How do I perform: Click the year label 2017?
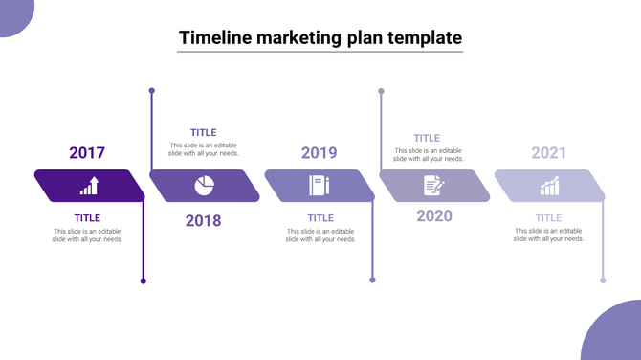(x=87, y=152)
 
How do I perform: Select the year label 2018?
(x=203, y=220)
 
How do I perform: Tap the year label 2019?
(x=319, y=152)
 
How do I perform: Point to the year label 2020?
(x=434, y=215)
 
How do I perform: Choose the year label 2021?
(x=549, y=152)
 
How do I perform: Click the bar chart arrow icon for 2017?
(x=89, y=186)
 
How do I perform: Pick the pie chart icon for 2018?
(x=204, y=186)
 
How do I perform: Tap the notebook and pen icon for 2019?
(x=319, y=186)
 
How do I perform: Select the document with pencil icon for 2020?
(x=434, y=186)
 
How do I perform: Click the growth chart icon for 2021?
(x=549, y=186)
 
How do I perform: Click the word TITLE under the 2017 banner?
(x=87, y=217)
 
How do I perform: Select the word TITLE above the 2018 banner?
(x=203, y=132)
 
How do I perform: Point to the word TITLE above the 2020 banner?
(x=427, y=138)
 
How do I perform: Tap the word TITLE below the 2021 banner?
(x=549, y=217)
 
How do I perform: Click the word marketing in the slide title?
(x=304, y=37)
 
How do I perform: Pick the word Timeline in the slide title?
(x=215, y=37)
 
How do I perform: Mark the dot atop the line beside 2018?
(x=151, y=91)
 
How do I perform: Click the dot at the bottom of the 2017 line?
(x=144, y=281)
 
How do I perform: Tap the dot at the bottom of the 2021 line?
(x=603, y=281)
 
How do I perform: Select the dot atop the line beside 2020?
(x=381, y=91)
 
